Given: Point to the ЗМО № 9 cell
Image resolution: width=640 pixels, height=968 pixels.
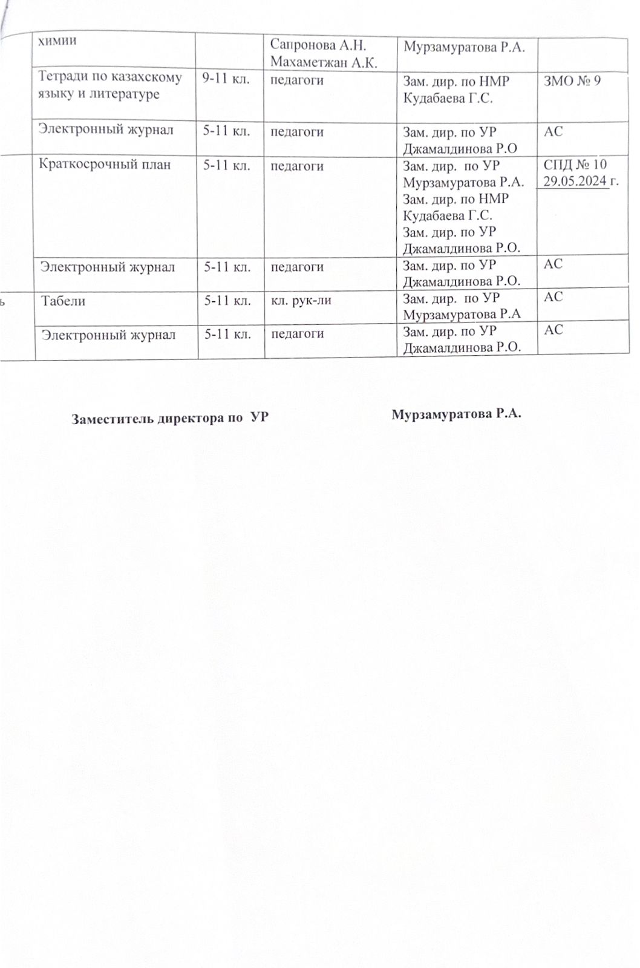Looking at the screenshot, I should tap(572, 80).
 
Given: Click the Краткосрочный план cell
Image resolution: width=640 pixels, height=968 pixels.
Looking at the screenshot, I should tap(105, 165).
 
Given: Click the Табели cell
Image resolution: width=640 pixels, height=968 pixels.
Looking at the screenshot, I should tap(63, 301).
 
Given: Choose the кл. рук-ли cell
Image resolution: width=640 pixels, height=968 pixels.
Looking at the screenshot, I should tap(300, 301).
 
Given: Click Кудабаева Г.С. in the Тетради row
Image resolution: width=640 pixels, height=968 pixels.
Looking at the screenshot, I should tap(448, 97).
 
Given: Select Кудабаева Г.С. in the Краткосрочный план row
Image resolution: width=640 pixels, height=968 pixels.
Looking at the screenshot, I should tap(448, 215).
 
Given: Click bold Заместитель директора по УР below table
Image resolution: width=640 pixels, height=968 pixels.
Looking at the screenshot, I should tap(170, 418).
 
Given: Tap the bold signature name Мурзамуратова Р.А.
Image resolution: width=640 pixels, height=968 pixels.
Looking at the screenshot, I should tap(456, 414).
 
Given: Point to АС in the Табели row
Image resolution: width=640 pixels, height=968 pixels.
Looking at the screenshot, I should tap(553, 296).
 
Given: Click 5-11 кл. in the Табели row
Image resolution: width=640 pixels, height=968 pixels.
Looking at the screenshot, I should tap(226, 301).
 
